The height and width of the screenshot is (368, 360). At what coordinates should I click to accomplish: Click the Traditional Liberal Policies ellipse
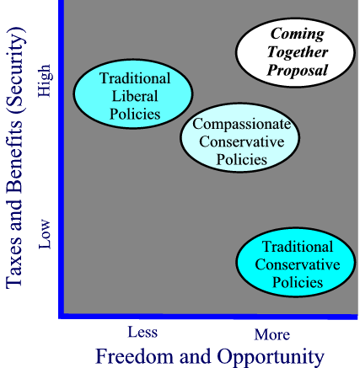(x=133, y=94)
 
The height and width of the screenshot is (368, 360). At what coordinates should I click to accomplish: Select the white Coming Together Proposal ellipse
(x=295, y=52)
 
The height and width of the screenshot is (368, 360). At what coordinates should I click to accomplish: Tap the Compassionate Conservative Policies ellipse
(x=239, y=137)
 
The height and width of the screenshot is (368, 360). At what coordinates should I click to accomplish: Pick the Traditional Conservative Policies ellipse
(x=296, y=262)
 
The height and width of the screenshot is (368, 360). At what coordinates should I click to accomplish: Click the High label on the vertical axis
(x=45, y=81)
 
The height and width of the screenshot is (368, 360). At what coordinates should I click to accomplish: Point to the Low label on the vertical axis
(x=45, y=234)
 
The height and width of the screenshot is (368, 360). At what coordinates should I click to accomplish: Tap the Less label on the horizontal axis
(x=142, y=332)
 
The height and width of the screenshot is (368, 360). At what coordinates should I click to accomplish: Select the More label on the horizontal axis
(x=272, y=334)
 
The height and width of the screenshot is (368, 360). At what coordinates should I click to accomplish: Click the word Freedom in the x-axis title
(x=136, y=356)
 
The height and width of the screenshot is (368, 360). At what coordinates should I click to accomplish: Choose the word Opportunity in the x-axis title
(x=271, y=357)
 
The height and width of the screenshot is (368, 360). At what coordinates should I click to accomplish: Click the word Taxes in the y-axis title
(x=13, y=267)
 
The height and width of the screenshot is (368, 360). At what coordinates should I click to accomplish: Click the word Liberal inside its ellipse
(x=135, y=96)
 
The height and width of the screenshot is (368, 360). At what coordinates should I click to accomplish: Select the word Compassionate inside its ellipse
(x=241, y=124)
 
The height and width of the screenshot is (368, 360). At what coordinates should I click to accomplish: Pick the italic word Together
(x=298, y=52)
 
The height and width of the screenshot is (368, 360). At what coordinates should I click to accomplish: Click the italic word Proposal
(x=298, y=71)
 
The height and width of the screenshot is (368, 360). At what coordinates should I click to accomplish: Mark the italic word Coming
(x=298, y=35)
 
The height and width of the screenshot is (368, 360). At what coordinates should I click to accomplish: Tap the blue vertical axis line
(x=62, y=158)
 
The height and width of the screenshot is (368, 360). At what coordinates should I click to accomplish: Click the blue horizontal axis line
(x=208, y=317)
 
